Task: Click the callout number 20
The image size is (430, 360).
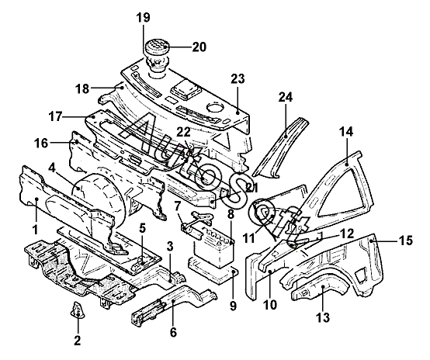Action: pos(199,47)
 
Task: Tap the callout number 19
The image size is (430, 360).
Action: pos(144,18)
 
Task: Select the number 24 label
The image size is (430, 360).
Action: pos(286,97)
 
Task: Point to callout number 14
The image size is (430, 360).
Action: pos(346,132)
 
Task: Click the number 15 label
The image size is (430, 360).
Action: pos(406,241)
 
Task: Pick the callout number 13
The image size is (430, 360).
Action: pos(323,318)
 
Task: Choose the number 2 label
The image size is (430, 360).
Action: pos(78,341)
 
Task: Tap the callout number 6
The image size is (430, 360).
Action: pos(173,333)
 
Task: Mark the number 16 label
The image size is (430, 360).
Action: pos(41,143)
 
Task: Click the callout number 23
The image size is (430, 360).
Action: pos(238,78)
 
